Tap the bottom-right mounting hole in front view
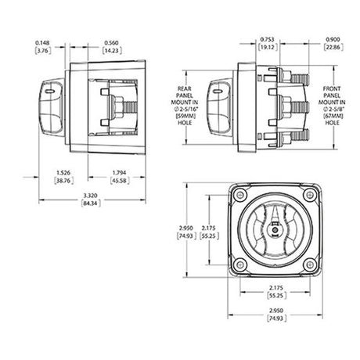point(311,267)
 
